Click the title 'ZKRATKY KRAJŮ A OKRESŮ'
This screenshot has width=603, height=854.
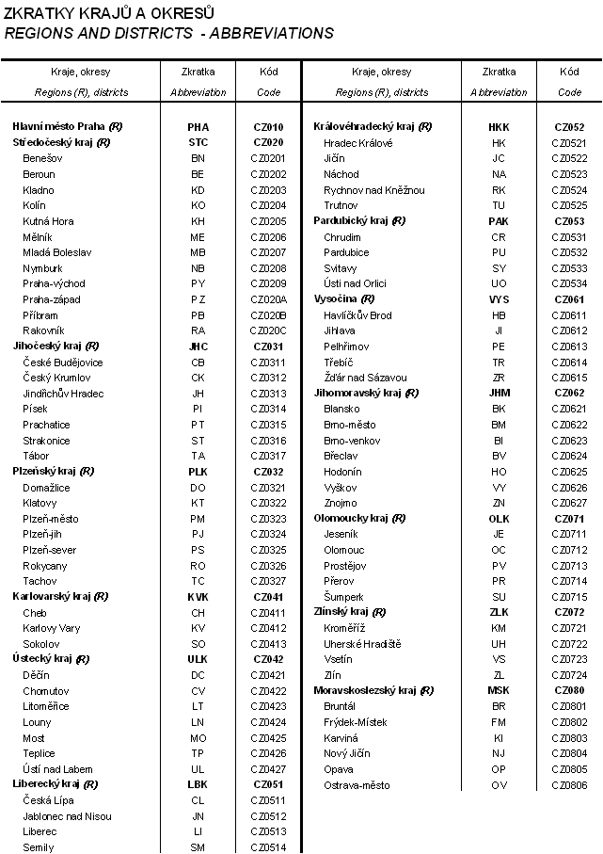tap(110, 13)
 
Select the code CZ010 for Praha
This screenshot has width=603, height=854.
tap(268, 127)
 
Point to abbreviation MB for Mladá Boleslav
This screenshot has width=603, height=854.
tap(198, 252)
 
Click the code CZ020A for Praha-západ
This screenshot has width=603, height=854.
tap(268, 299)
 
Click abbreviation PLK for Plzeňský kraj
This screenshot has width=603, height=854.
tap(198, 472)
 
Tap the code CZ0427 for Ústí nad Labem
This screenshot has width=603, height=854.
tap(268, 769)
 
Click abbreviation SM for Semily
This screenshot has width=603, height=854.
tap(198, 847)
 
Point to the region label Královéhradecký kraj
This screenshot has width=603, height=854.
tap(372, 127)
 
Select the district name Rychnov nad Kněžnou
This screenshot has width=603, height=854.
tap(373, 190)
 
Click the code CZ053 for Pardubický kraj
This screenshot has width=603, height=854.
tap(569, 221)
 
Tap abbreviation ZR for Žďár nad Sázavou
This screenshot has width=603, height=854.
tap(499, 378)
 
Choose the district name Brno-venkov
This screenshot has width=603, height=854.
tap(351, 441)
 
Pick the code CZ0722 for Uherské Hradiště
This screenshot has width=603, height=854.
tap(569, 644)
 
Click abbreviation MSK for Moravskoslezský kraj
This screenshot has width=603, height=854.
tap(499, 691)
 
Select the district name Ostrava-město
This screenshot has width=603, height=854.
tap(357, 785)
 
